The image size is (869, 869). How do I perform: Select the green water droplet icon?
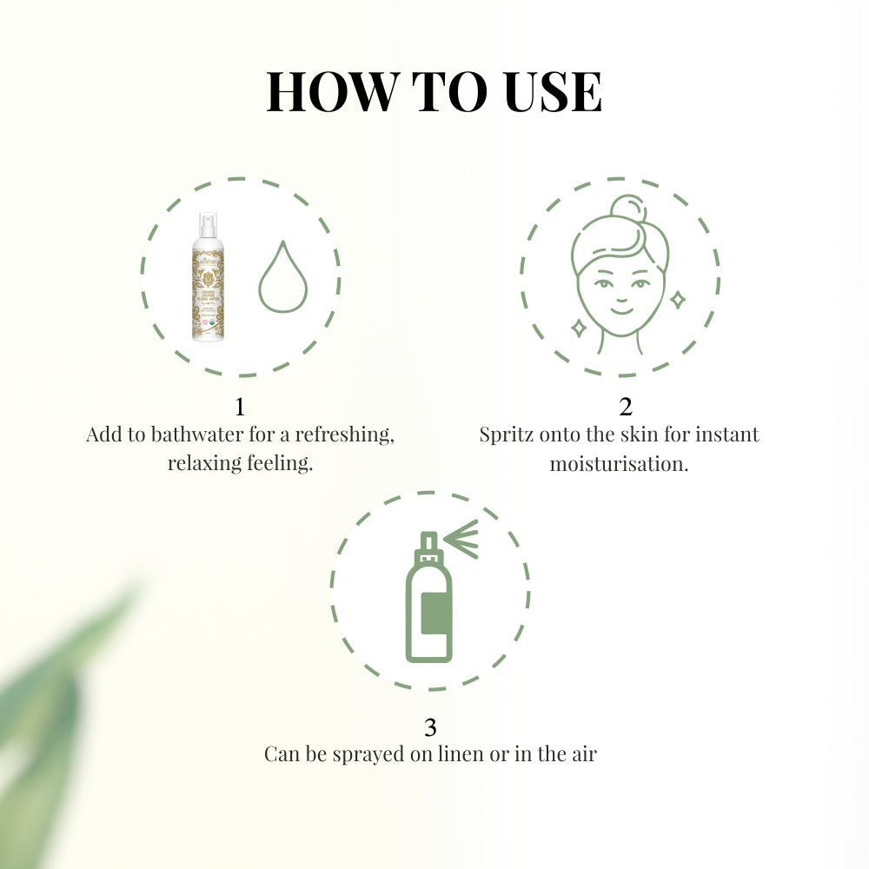pyautogui.click(x=284, y=275)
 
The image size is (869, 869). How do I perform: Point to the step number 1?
pyautogui.click(x=240, y=407)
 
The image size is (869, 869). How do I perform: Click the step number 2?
pyautogui.click(x=626, y=407)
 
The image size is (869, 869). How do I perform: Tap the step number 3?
pyautogui.click(x=429, y=727)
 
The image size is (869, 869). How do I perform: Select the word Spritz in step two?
pyautogui.click(x=507, y=434)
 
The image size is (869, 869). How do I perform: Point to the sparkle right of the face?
pyautogui.click(x=677, y=300)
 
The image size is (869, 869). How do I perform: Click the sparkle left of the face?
pyautogui.click(x=576, y=327)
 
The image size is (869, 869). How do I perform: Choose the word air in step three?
pyautogui.click(x=582, y=754)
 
